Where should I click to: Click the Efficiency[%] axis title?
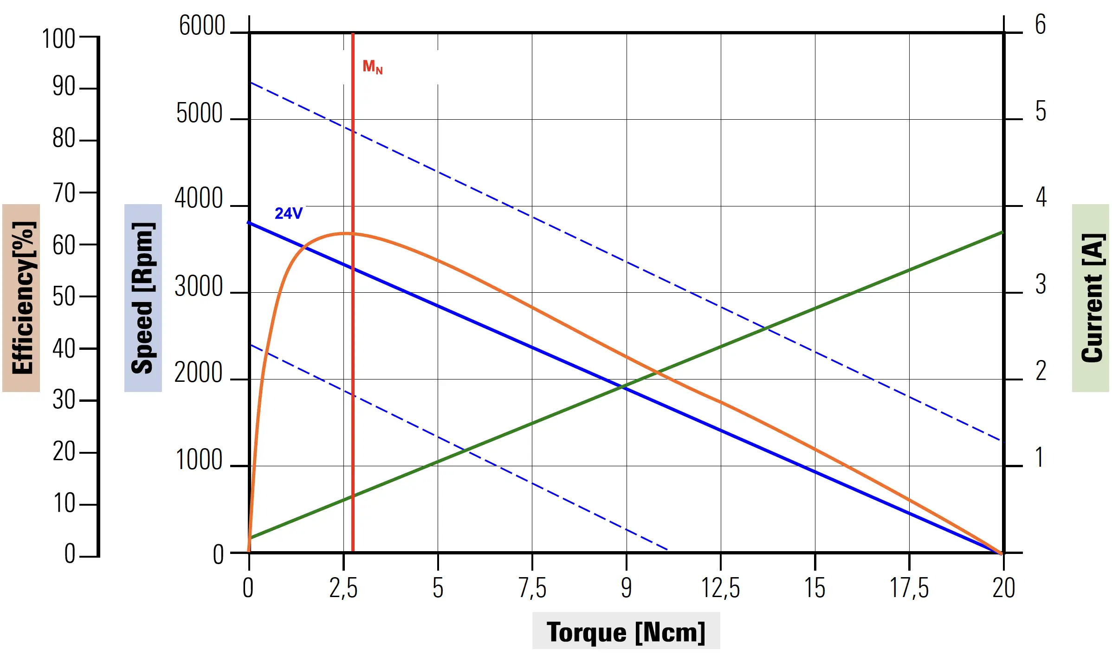click(21, 298)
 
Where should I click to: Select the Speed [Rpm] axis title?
click(143, 298)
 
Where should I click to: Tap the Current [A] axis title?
click(1091, 298)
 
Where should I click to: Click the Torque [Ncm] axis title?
click(626, 631)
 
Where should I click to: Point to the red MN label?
click(372, 67)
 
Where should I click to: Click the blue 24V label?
click(288, 213)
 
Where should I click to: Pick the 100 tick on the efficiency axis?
click(58, 39)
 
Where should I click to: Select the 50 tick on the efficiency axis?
click(64, 296)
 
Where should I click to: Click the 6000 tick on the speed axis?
click(202, 26)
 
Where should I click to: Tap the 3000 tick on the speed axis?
click(199, 287)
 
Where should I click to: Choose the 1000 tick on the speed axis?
click(199, 460)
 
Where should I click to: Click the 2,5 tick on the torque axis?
click(343, 588)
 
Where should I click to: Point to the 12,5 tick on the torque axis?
click(720, 588)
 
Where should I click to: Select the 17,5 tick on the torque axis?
click(909, 588)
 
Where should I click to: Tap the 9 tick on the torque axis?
click(626, 588)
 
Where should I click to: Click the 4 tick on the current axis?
click(1041, 198)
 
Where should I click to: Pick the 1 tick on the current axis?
click(1040, 458)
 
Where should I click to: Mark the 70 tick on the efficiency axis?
click(64, 193)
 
